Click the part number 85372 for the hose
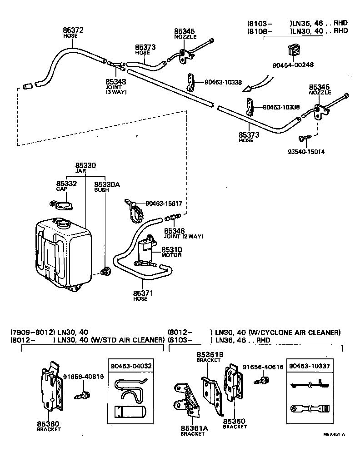coord(73,30)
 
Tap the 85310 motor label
coord(170,250)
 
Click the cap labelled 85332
coord(63,204)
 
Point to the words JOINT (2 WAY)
coord(184,236)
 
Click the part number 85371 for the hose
coord(143,293)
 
